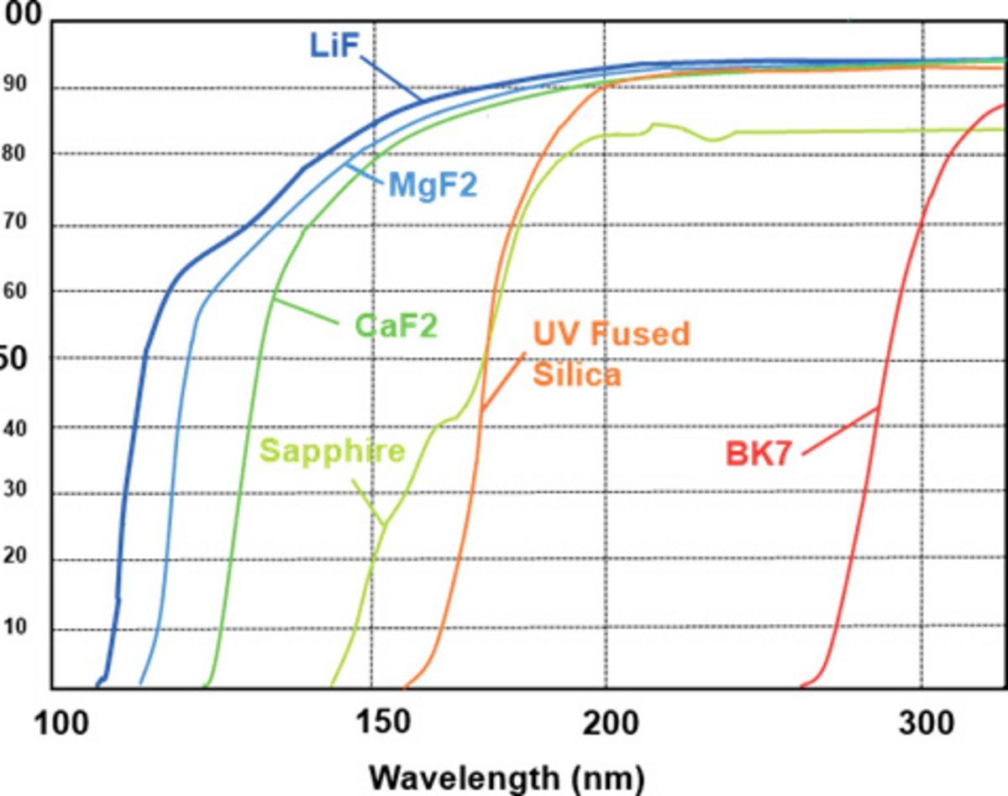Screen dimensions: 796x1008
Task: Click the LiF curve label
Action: pyautogui.click(x=334, y=45)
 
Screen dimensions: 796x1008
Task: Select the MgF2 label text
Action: pyautogui.click(x=432, y=185)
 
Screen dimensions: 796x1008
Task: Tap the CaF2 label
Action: pyautogui.click(x=396, y=326)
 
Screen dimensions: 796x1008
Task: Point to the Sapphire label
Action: pyautogui.click(x=332, y=451)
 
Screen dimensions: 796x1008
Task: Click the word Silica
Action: pyautogui.click(x=577, y=374)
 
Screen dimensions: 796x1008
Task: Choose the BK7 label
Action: pyautogui.click(x=759, y=453)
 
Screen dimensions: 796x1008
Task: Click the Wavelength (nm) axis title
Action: pyautogui.click(x=507, y=776)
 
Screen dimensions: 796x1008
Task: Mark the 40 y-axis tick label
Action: pyautogui.click(x=15, y=427)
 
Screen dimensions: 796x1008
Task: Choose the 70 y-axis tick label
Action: pyautogui.click(x=15, y=223)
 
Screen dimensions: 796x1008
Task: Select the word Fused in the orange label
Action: pyautogui.click(x=639, y=334)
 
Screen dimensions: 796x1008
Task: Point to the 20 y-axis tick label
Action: pyautogui.click(x=15, y=558)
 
